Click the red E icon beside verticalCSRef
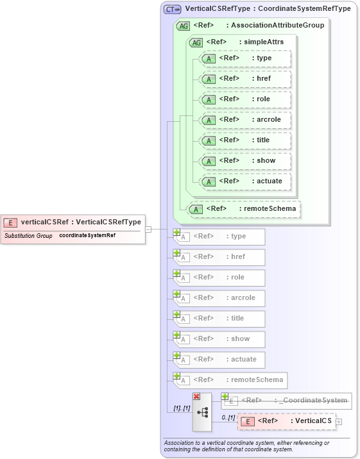(11, 222)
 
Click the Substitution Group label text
(28, 236)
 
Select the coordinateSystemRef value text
(87, 236)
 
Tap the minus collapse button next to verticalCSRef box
(148, 229)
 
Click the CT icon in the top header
(172, 10)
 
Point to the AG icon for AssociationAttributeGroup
(183, 26)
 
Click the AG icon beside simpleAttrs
(196, 42)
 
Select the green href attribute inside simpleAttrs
(246, 79)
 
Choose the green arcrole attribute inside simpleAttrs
(246, 120)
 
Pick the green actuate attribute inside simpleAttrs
(246, 181)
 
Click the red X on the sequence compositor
(196, 397)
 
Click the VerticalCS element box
(287, 421)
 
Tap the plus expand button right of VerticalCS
(339, 421)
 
